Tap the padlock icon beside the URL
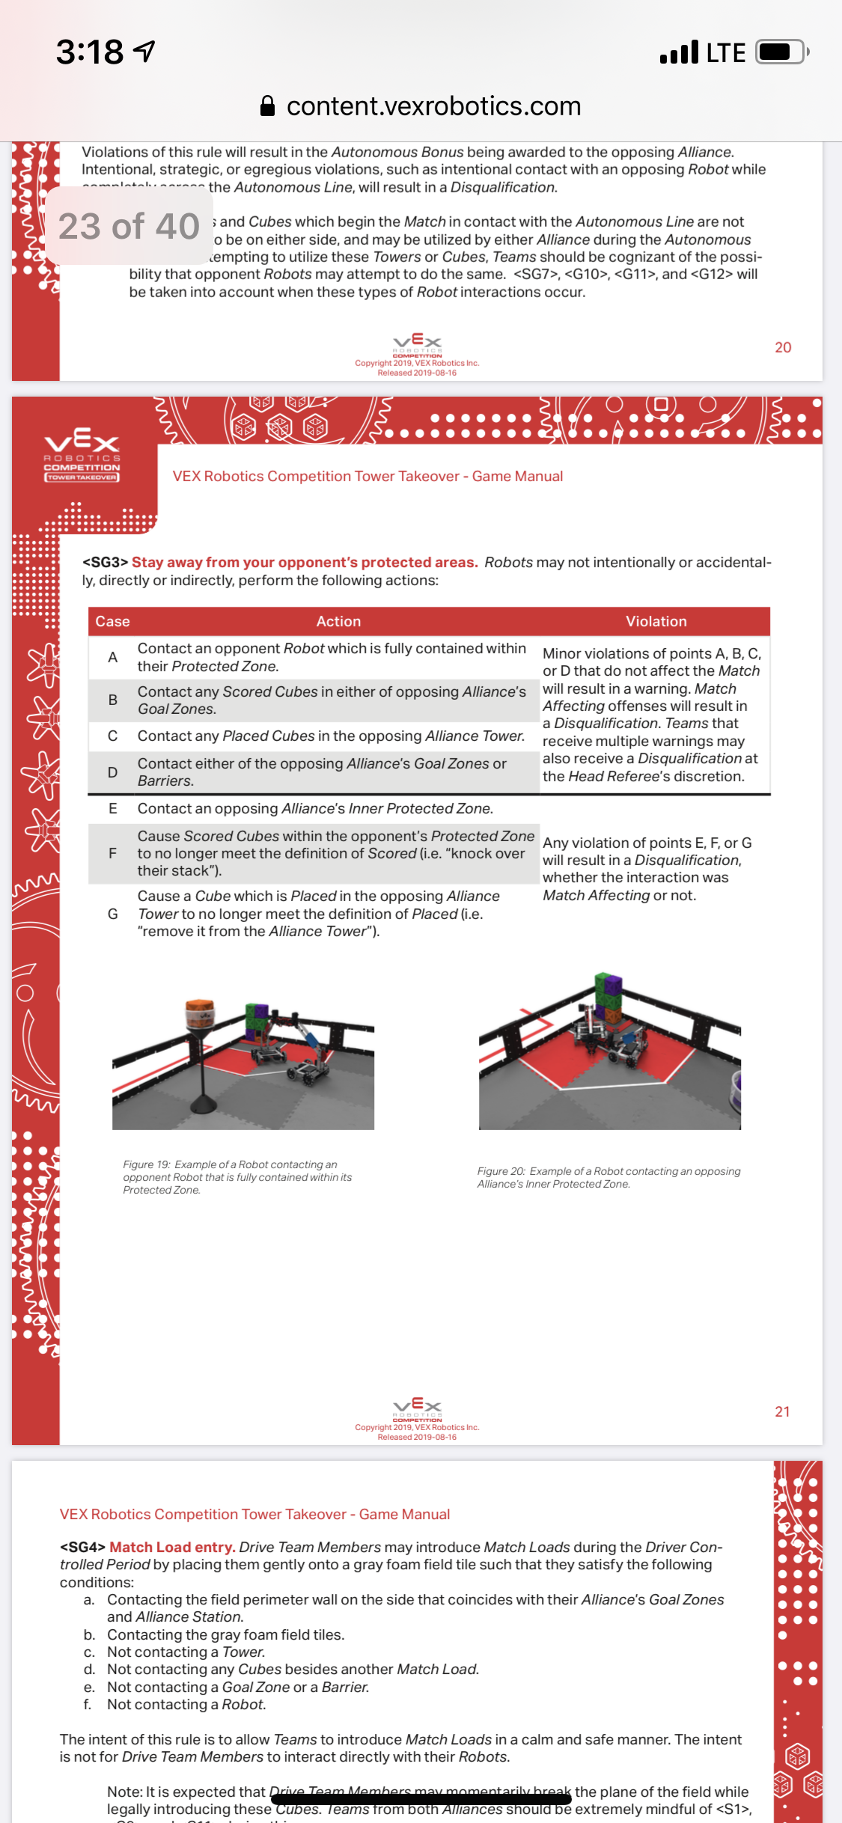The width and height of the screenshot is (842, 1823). pos(267,106)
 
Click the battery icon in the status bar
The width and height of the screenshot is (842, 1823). pos(781,52)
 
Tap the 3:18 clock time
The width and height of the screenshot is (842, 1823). pos(90,52)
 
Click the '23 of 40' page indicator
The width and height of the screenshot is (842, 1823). pos(129,226)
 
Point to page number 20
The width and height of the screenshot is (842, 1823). pos(783,347)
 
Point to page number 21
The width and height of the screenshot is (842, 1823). pos(782,1411)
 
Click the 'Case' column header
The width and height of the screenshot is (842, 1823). pos(112,621)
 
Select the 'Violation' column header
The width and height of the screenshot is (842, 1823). pos(656,621)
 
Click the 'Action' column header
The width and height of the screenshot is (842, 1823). pos(338,621)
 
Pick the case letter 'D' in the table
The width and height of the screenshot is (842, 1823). pos(112,772)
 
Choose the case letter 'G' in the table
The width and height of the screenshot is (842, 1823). pos(112,914)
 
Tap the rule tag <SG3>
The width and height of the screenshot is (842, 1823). pos(105,563)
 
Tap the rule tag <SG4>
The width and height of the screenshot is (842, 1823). pos(82,1547)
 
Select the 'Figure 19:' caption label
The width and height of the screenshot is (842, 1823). pos(147,1164)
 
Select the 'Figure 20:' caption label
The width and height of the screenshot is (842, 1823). pos(501,1171)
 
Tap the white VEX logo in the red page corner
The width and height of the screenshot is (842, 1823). pos(82,446)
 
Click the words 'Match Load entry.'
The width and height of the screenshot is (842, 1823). pos(172,1547)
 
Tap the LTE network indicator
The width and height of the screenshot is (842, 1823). pos(724,52)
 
